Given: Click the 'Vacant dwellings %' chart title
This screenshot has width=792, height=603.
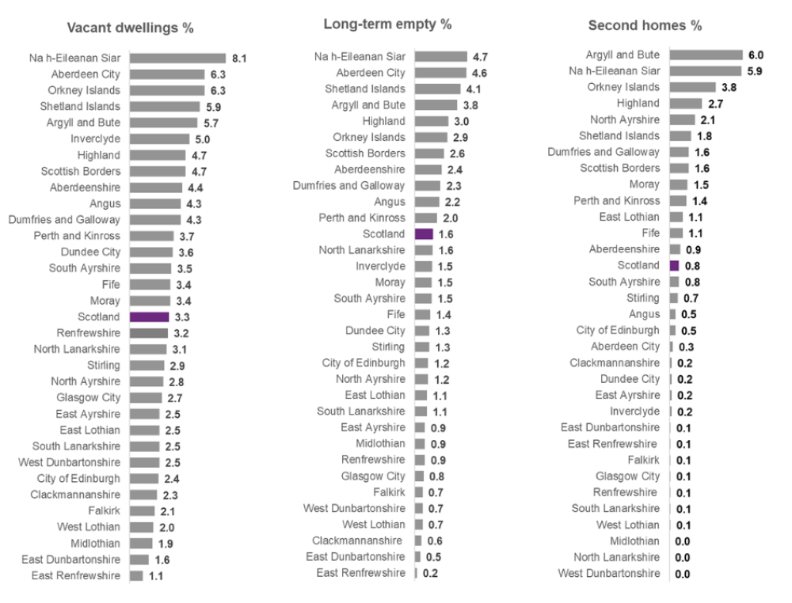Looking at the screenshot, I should [x=131, y=28].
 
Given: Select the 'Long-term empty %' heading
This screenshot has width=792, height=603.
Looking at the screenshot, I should [x=387, y=24].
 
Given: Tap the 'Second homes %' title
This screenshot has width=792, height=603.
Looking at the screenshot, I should [x=645, y=25].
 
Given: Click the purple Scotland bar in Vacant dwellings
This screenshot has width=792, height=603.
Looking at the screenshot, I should [x=150, y=317].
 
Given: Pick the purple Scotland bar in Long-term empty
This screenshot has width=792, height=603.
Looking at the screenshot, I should [x=424, y=234].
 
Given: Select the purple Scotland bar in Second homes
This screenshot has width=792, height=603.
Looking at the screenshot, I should [x=674, y=266].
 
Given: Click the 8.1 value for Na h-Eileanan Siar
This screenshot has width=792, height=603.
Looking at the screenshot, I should [x=239, y=58].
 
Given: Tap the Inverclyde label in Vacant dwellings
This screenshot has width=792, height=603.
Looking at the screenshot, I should [x=95, y=139].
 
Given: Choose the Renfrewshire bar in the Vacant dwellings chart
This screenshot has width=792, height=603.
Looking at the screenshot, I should [x=149, y=333].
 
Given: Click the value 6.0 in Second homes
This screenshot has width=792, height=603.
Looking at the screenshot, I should [x=756, y=55].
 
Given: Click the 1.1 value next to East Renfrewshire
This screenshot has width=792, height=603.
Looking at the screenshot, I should [x=156, y=576].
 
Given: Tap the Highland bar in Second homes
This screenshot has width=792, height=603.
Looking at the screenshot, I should [x=686, y=103].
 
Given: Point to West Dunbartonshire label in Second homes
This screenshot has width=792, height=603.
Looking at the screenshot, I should [x=608, y=573].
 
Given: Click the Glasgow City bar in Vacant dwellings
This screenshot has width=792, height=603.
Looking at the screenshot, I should [x=146, y=398].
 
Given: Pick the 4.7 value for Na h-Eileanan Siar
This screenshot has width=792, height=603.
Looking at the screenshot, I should [x=480, y=56].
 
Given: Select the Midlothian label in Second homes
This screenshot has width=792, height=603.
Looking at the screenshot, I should [x=634, y=541].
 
